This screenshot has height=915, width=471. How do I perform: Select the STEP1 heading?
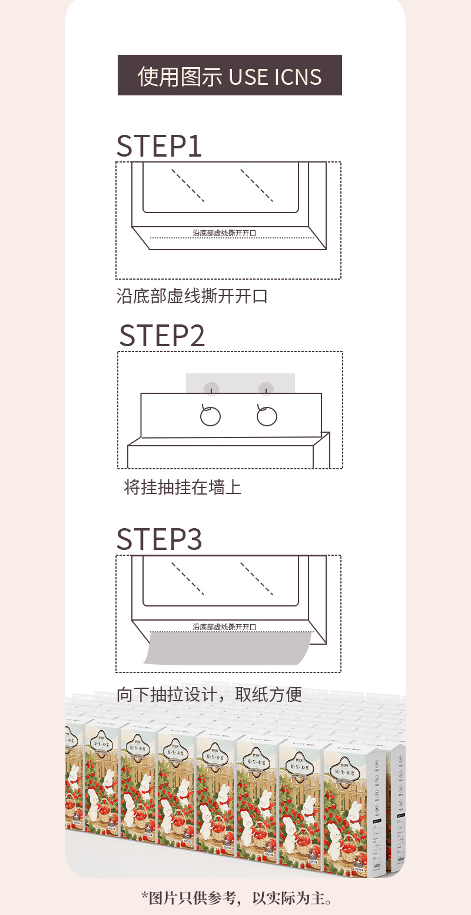click(x=159, y=146)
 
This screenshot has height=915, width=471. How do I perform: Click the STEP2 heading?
click(x=162, y=335)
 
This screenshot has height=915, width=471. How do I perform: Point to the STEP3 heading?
click(x=159, y=539)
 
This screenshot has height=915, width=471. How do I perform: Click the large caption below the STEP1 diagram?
click(x=192, y=296)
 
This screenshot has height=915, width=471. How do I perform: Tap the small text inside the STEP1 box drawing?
click(x=224, y=233)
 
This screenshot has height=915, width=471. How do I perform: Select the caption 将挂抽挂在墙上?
click(x=183, y=488)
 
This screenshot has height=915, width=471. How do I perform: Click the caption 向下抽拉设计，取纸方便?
click(x=209, y=695)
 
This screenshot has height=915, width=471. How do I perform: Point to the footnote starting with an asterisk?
click(x=236, y=899)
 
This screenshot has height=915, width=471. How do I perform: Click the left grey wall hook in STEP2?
click(x=211, y=389)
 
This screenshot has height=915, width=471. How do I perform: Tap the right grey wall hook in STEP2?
click(x=266, y=389)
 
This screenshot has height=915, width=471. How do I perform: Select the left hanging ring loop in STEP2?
click(x=210, y=416)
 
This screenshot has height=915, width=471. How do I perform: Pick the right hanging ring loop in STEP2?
click(x=267, y=416)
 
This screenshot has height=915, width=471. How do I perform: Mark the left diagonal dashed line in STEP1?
click(x=188, y=185)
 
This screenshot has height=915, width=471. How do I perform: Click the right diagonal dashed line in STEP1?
click(x=256, y=185)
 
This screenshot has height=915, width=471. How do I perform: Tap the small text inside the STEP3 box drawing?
click(x=224, y=626)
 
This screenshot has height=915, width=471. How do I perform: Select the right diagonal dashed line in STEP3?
click(x=256, y=579)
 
